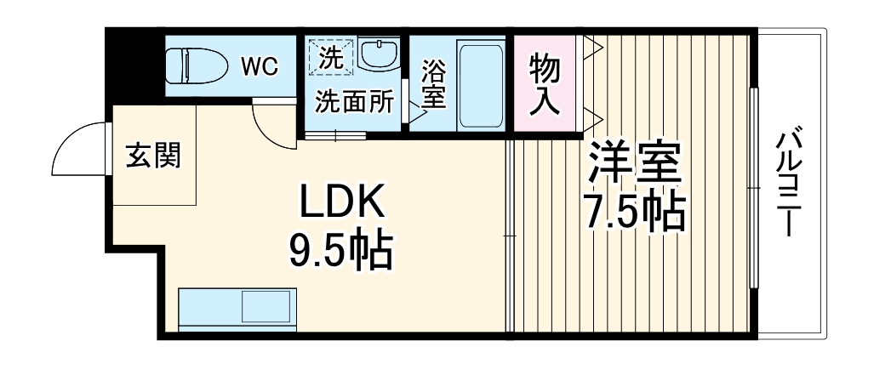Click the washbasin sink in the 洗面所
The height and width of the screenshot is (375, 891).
click(x=374, y=55)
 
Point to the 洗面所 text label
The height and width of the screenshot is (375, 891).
click(x=354, y=102)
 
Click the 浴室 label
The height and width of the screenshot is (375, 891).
click(x=432, y=83)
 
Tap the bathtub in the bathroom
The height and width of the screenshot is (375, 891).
click(x=481, y=83)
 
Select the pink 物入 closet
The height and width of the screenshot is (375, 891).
click(x=545, y=83)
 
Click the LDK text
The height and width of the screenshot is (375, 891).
click(x=342, y=204)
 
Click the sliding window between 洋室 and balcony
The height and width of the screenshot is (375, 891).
click(x=753, y=187)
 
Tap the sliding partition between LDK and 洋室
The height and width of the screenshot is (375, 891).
click(x=511, y=236)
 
